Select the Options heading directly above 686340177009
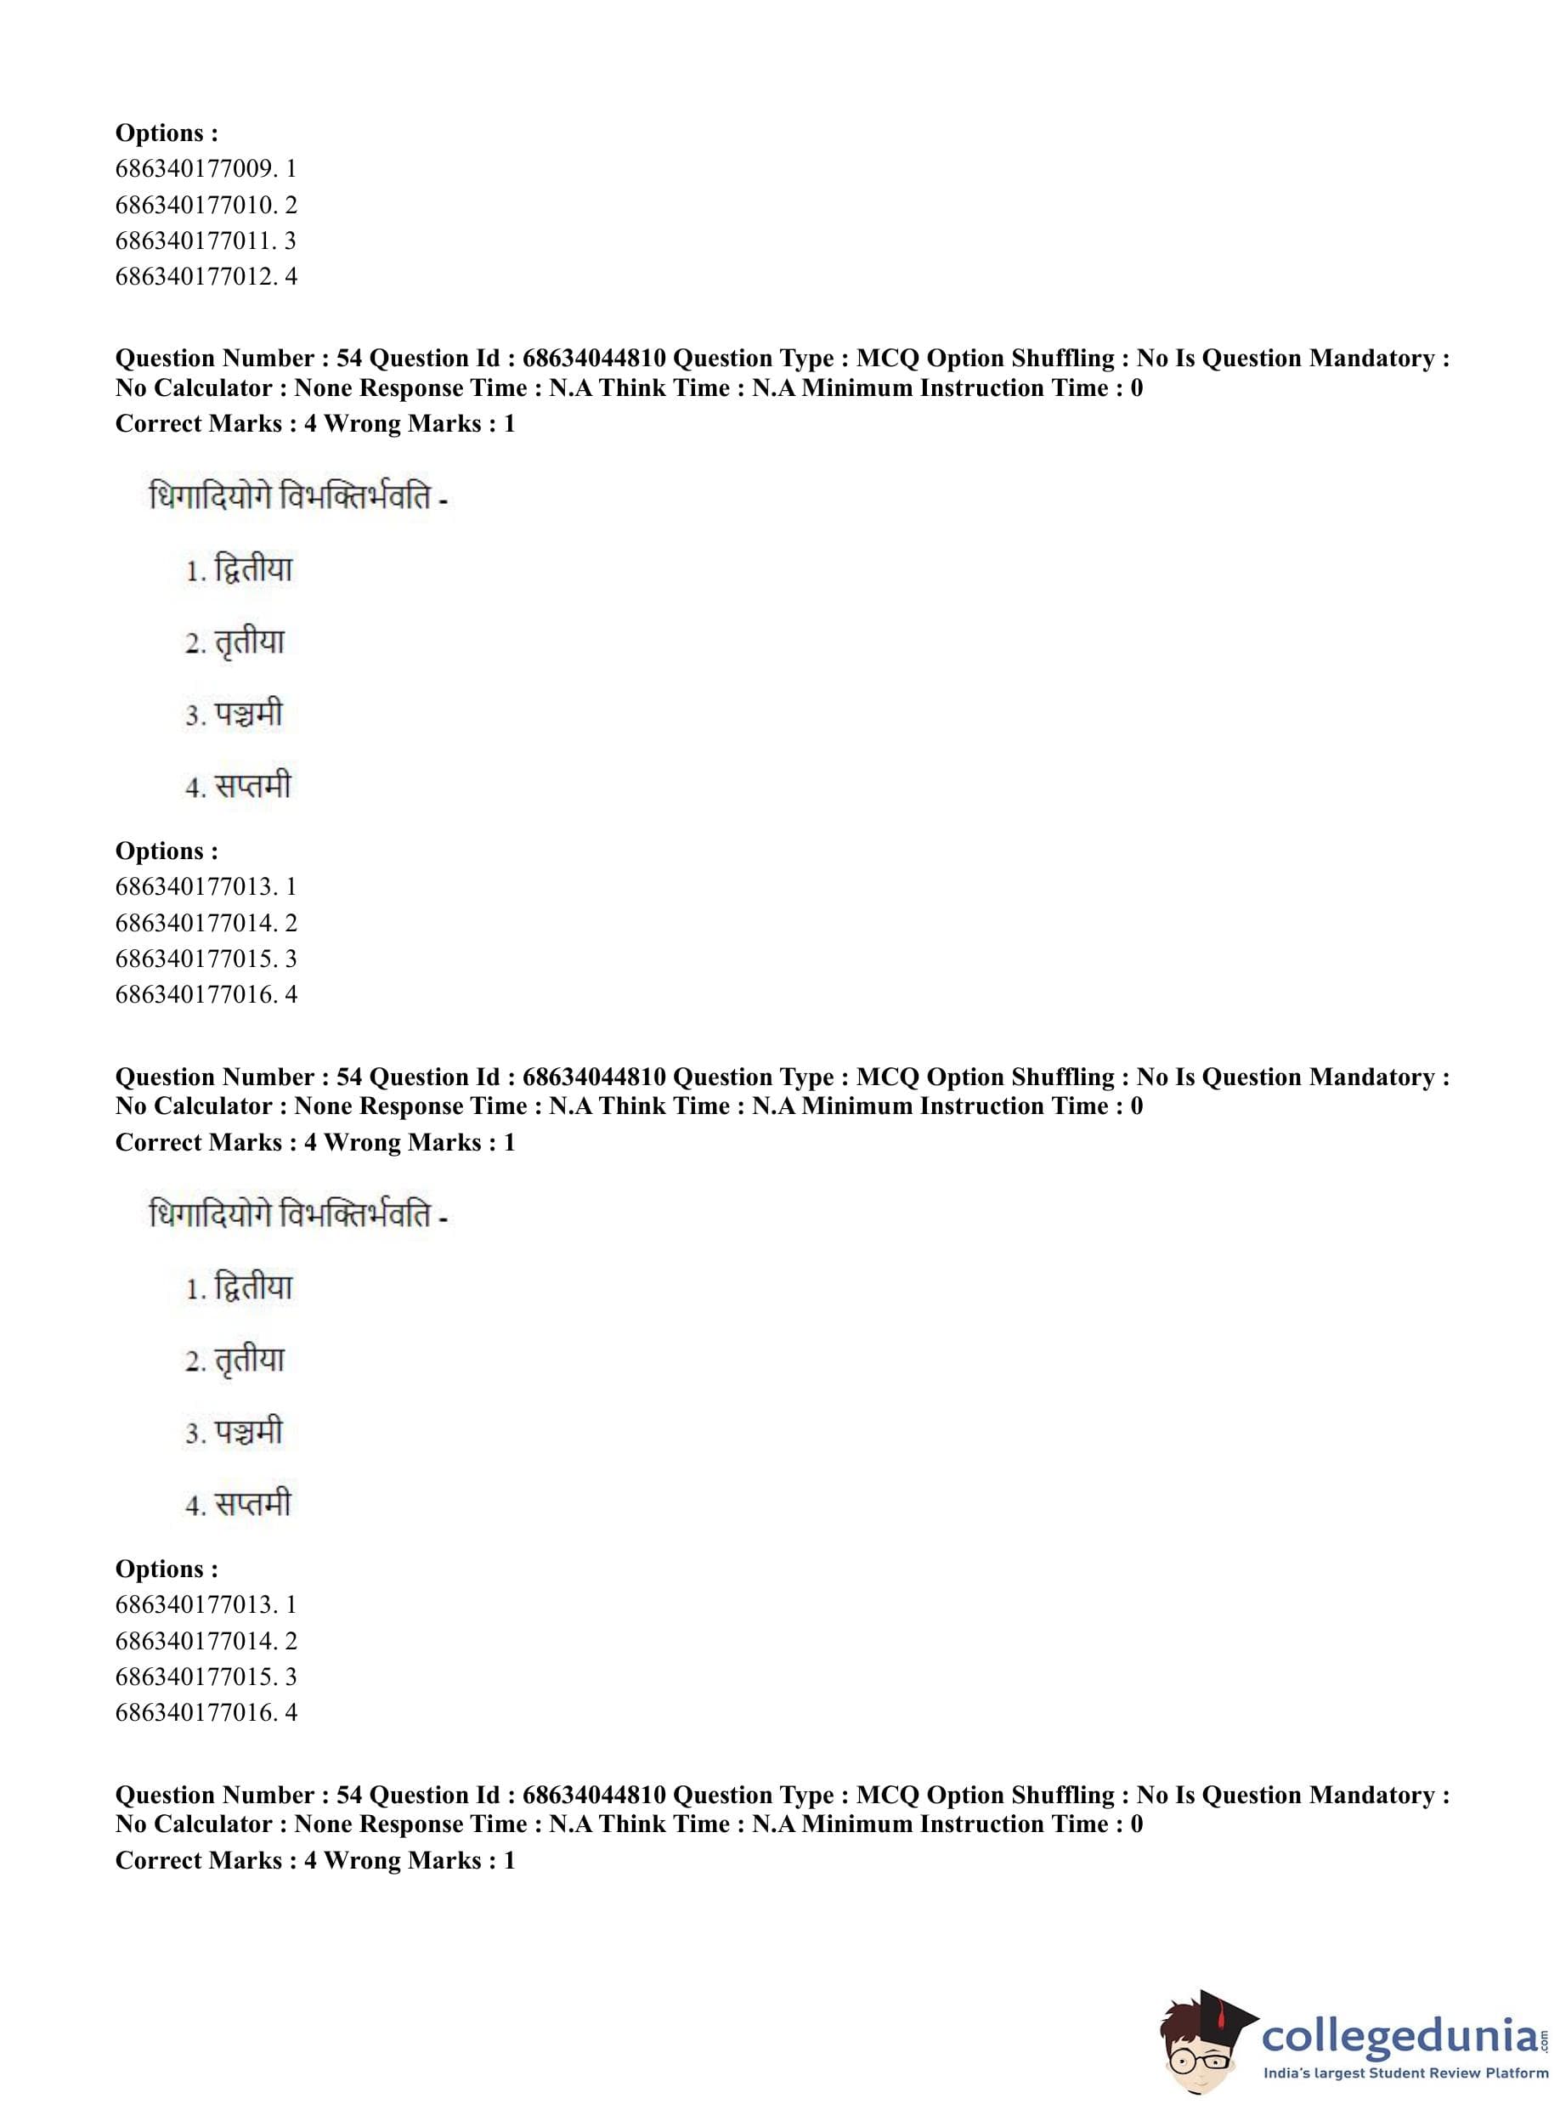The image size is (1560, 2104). [167, 133]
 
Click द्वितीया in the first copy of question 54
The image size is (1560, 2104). [253, 569]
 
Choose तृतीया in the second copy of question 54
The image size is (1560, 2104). [249, 1360]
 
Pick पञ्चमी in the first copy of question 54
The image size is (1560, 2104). [248, 715]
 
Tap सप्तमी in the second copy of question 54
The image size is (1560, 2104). [252, 1504]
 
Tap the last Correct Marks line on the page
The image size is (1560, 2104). [314, 1860]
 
